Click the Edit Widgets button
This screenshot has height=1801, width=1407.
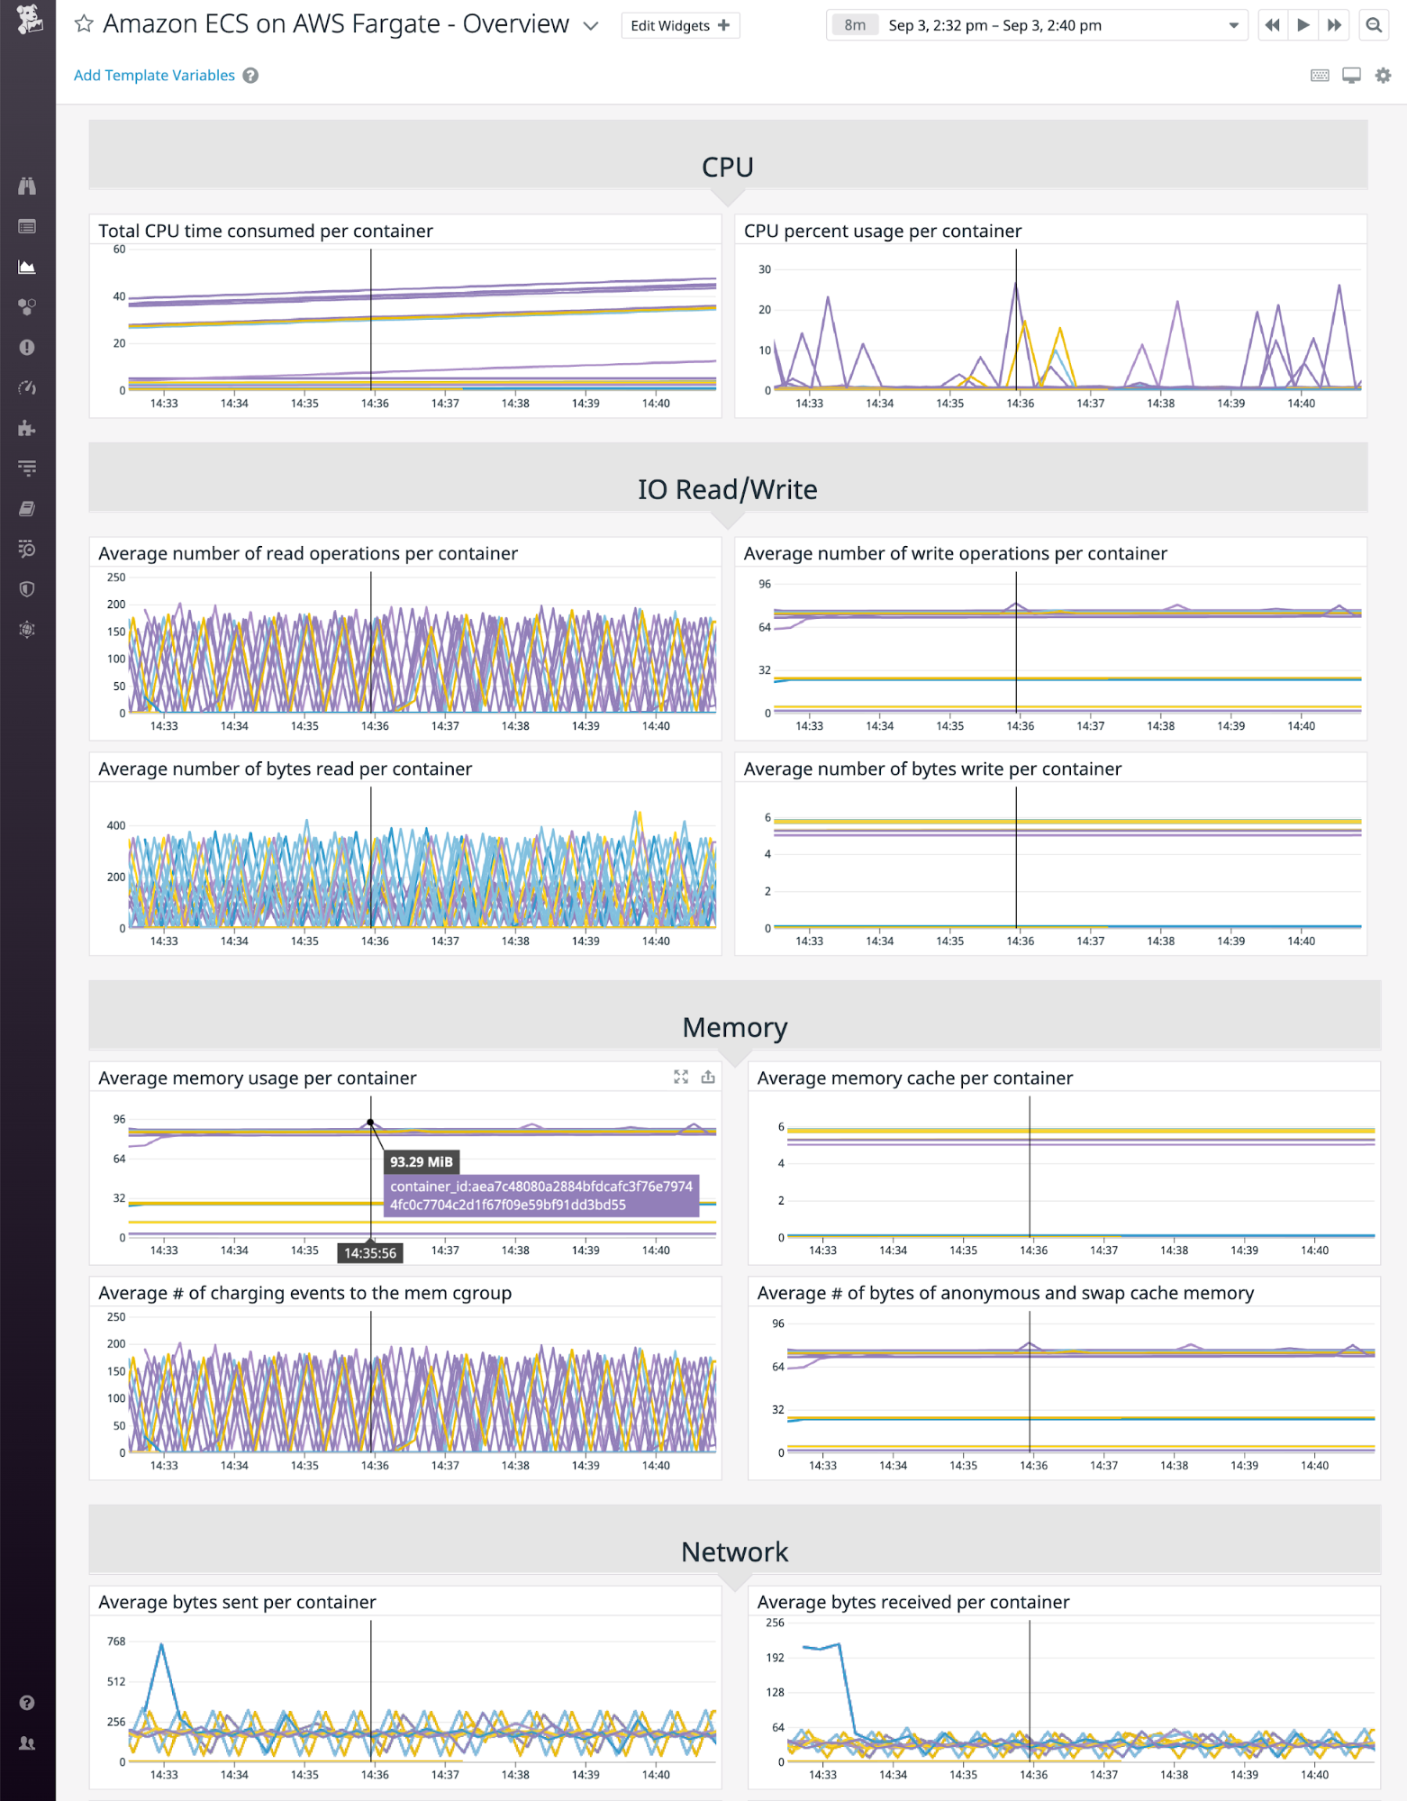tap(680, 25)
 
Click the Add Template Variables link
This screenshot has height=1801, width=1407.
tap(154, 76)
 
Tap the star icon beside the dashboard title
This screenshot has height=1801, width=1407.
tap(84, 24)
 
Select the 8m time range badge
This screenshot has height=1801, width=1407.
tap(854, 25)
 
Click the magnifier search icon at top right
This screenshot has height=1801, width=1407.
tap(1373, 25)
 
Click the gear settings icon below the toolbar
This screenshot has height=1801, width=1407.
tap(1383, 76)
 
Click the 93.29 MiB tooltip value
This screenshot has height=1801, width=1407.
tap(421, 1162)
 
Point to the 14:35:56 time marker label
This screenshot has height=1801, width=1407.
tap(369, 1253)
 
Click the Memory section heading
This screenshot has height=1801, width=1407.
tap(734, 1028)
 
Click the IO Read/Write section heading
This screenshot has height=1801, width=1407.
tap(727, 490)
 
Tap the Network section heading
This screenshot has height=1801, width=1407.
tap(734, 1552)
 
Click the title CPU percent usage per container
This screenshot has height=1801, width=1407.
tap(882, 232)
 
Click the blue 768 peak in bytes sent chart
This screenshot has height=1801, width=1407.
tap(161, 1645)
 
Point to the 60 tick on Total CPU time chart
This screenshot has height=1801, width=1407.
tap(119, 250)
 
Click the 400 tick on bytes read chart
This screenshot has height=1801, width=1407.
tap(116, 825)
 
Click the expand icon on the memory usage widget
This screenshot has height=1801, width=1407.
tap(681, 1078)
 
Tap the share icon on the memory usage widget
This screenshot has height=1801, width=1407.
tap(708, 1078)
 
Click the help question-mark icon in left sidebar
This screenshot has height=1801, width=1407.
tap(27, 1703)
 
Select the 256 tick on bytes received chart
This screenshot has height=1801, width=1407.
tap(775, 1623)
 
